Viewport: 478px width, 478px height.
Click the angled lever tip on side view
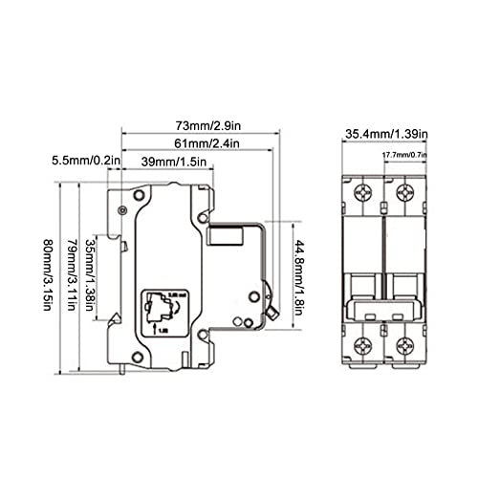coord(272,309)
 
